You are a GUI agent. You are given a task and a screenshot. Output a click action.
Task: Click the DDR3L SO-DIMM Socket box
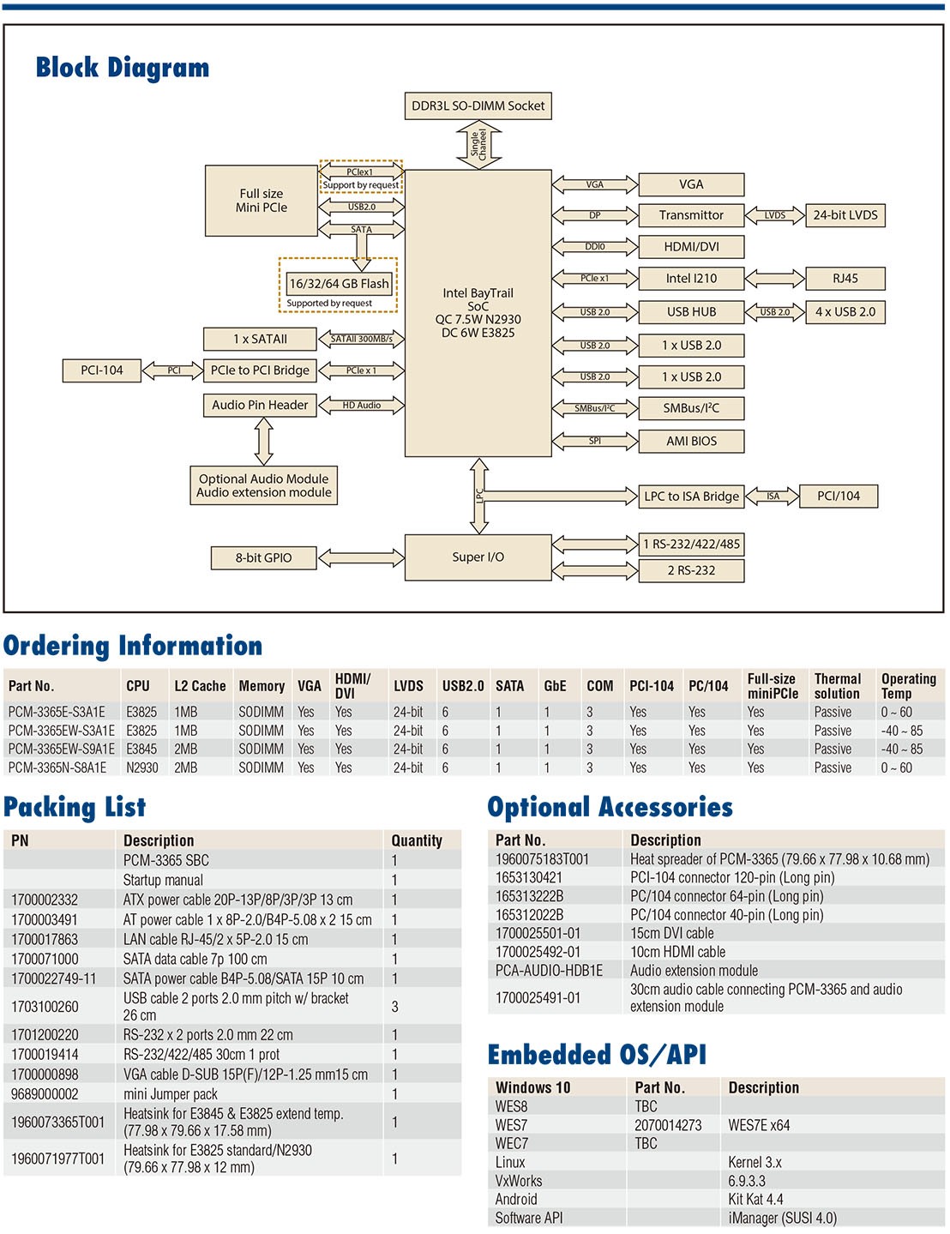click(478, 106)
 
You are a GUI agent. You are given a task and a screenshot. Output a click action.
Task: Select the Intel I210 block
click(691, 279)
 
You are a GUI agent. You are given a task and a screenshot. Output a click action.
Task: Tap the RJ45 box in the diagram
click(845, 279)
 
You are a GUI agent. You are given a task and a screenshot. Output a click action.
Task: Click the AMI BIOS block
click(691, 442)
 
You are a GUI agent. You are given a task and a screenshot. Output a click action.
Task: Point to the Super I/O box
click(478, 557)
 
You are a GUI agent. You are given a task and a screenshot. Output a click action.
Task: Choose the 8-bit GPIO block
click(263, 558)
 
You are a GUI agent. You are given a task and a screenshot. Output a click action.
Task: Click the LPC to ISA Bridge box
click(691, 497)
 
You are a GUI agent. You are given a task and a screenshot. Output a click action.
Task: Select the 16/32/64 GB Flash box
click(339, 284)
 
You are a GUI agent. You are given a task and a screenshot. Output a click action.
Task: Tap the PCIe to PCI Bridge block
click(260, 370)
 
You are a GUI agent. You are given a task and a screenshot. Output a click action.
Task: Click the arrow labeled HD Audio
click(361, 406)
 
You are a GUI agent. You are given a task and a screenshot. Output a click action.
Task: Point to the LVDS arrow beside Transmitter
click(775, 216)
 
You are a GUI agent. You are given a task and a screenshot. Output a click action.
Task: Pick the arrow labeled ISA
click(773, 497)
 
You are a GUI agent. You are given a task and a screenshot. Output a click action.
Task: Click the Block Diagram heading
click(123, 68)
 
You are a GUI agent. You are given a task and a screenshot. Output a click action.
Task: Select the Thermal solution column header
click(837, 686)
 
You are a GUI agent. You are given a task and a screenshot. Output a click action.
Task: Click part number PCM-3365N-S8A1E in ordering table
click(57, 768)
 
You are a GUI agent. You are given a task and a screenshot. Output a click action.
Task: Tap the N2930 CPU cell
click(142, 768)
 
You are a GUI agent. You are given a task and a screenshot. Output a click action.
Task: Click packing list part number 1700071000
click(45, 960)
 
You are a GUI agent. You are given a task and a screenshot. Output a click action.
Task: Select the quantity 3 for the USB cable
click(394, 1007)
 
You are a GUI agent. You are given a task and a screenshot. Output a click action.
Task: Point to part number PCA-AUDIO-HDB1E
click(549, 971)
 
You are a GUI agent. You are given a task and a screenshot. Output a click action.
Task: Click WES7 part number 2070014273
click(668, 1125)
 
